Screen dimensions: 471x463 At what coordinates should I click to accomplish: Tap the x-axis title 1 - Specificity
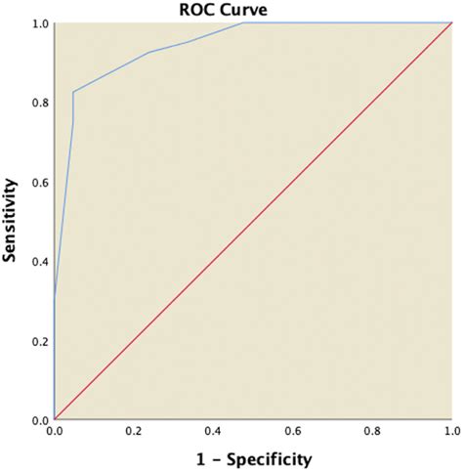click(251, 457)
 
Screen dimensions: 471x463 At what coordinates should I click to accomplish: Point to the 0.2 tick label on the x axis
click(133, 430)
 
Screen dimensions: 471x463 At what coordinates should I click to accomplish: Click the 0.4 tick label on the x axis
click(212, 430)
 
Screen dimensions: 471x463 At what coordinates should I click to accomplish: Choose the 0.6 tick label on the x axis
click(291, 430)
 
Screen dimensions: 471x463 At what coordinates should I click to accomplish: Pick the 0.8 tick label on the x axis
click(370, 430)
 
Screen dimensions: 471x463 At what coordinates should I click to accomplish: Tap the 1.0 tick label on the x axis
click(448, 430)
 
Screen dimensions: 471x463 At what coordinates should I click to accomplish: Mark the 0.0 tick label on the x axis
click(55, 430)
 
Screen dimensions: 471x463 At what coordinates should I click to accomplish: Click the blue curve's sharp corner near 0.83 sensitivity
click(73, 92)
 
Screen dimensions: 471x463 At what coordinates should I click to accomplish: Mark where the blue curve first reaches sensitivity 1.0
click(243, 22)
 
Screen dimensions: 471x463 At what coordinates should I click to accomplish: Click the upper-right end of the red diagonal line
click(449, 22)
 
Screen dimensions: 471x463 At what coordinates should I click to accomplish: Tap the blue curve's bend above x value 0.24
click(148, 53)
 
